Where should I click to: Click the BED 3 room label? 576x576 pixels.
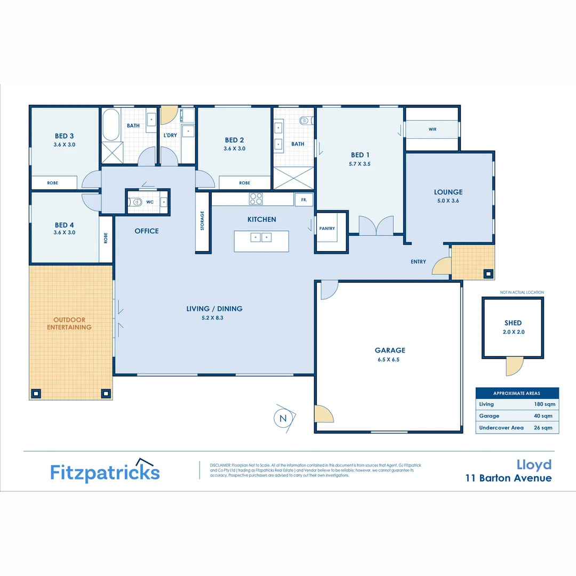tap(64, 136)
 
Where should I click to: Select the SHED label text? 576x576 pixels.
tap(513, 323)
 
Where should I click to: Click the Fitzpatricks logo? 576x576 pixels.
tap(105, 471)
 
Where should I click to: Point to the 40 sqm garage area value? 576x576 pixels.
tap(543, 416)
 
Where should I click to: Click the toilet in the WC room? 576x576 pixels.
tap(135, 202)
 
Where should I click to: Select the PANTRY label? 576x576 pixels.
tap(327, 228)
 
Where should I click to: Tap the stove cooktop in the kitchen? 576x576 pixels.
tap(256, 199)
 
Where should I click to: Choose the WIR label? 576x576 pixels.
tap(432, 129)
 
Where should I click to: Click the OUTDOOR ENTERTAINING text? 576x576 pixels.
tap(69, 324)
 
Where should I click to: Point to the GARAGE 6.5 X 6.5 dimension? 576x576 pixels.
tap(389, 359)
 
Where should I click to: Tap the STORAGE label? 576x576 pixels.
tap(202, 220)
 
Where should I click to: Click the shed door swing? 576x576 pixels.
tap(514, 366)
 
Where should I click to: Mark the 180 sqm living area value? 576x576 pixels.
tap(543, 404)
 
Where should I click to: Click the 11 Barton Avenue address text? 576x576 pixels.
tap(508, 478)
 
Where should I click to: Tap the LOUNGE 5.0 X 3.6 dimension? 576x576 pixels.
tap(448, 201)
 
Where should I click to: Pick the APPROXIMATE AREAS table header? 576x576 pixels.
tap(517, 393)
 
